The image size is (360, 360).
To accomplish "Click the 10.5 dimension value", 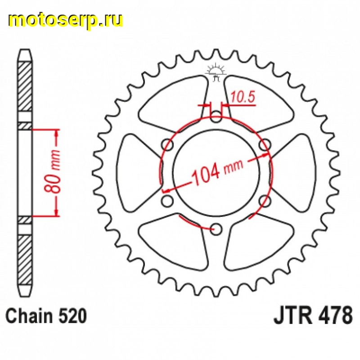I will coord(240,96).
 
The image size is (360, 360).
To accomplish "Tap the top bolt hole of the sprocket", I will coord(216,119).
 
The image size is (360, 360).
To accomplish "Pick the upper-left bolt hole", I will coord(169,146).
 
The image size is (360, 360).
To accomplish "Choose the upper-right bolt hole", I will coord(265,146).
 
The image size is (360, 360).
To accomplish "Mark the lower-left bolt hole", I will coord(169,201).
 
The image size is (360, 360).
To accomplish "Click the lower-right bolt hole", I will coord(265,201).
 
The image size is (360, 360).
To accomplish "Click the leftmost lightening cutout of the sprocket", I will coord(137,173).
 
